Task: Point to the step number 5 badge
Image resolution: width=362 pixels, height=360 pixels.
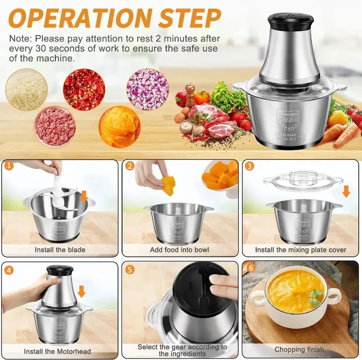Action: (x=130, y=269)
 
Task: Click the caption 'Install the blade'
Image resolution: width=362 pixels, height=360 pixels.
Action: (x=60, y=249)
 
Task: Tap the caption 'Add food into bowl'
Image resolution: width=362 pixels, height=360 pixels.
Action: (x=179, y=249)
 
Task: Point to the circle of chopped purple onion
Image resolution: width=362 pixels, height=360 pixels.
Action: (x=147, y=89)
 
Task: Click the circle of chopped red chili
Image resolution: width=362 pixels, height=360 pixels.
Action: (x=84, y=89)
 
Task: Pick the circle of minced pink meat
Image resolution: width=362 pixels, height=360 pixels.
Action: (x=55, y=126)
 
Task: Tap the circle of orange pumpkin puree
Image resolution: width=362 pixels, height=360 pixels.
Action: (x=119, y=127)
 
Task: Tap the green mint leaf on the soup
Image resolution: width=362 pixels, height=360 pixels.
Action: (x=315, y=297)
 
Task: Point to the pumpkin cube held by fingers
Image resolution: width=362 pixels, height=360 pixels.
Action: (x=168, y=186)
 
